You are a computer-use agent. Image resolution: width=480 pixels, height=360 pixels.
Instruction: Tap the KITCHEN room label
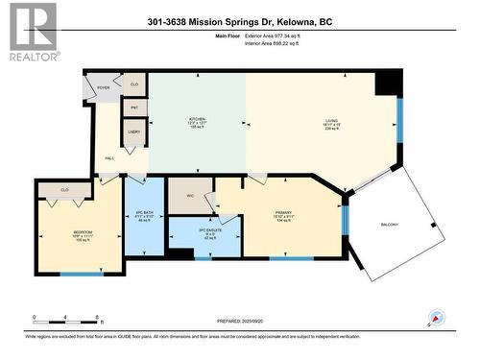[197, 121]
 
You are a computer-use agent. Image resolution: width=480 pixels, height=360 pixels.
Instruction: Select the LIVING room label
[330, 121]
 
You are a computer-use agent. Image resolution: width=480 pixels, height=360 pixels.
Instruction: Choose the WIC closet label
[191, 195]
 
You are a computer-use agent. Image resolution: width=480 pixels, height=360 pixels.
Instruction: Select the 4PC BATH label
[144, 211]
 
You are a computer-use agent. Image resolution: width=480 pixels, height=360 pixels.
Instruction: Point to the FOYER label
[103, 87]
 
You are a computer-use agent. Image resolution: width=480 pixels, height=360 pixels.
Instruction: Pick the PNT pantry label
[135, 108]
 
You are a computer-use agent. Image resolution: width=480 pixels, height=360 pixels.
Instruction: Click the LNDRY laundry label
[134, 132]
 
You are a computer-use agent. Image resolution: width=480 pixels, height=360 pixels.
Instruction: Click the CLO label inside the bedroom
[64, 190]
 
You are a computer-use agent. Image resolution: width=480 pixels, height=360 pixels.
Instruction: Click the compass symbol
[436, 318]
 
